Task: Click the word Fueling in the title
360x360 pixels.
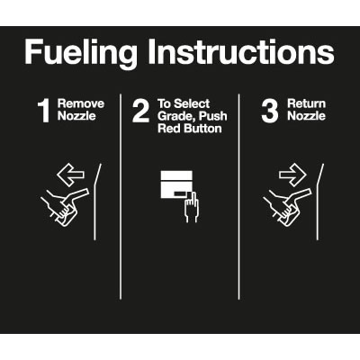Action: tap(81, 53)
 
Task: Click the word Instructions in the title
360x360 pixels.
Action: tap(241, 51)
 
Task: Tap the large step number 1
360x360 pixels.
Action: tap(44, 111)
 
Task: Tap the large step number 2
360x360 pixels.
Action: tap(140, 111)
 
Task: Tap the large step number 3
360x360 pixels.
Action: tap(270, 111)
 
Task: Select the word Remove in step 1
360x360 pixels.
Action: tap(81, 103)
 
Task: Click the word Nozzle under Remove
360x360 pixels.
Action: tap(76, 116)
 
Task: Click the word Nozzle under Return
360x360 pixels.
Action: tap(307, 116)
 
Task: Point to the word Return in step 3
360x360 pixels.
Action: tap(307, 103)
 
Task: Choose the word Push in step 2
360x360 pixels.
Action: tap(213, 116)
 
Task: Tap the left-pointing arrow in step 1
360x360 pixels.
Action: tap(71, 175)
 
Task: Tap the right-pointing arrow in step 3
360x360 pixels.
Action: tap(292, 175)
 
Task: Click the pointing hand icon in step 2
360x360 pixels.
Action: tap(191, 207)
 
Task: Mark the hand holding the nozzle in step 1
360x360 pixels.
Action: tap(58, 205)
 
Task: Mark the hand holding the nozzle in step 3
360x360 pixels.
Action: tap(282, 205)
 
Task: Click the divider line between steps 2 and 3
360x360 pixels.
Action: tap(239, 196)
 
